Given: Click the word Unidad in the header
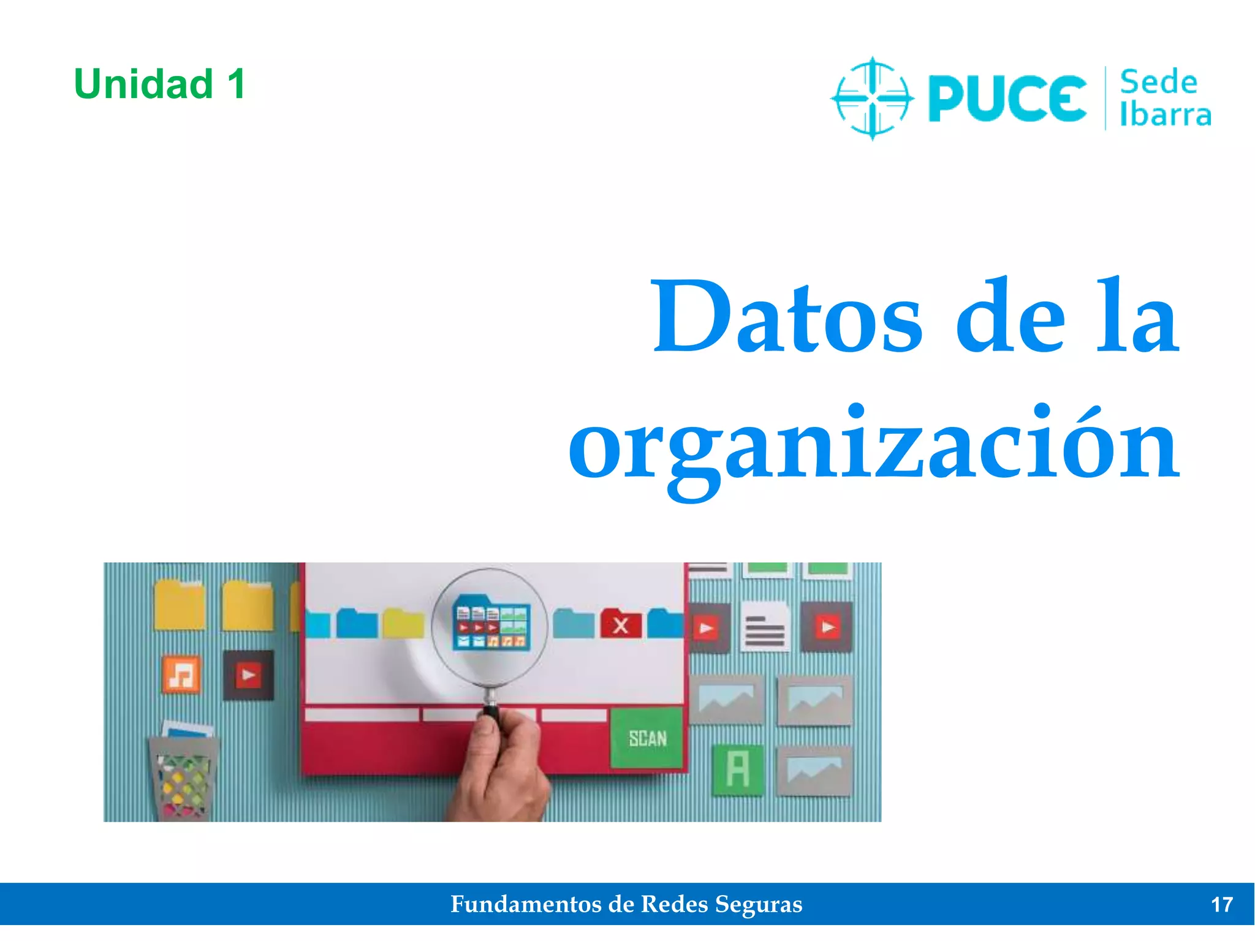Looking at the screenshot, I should coord(143,84).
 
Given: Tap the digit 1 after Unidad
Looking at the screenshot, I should coord(237,84).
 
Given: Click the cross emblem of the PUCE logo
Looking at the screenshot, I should coord(873,98).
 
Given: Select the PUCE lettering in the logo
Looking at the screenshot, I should coord(1007,98).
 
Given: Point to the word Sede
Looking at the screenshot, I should coord(1158,83).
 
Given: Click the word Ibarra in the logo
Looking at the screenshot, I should coord(1166,115).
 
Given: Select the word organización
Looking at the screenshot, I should coord(874,444).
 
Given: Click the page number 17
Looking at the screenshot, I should coord(1222,905).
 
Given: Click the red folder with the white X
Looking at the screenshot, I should coord(621,624).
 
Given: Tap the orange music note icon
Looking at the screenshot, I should coord(181,675).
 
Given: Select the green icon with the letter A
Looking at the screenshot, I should coord(738,769).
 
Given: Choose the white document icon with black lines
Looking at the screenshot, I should coord(765,627).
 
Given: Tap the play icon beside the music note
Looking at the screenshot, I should coord(248,675).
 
